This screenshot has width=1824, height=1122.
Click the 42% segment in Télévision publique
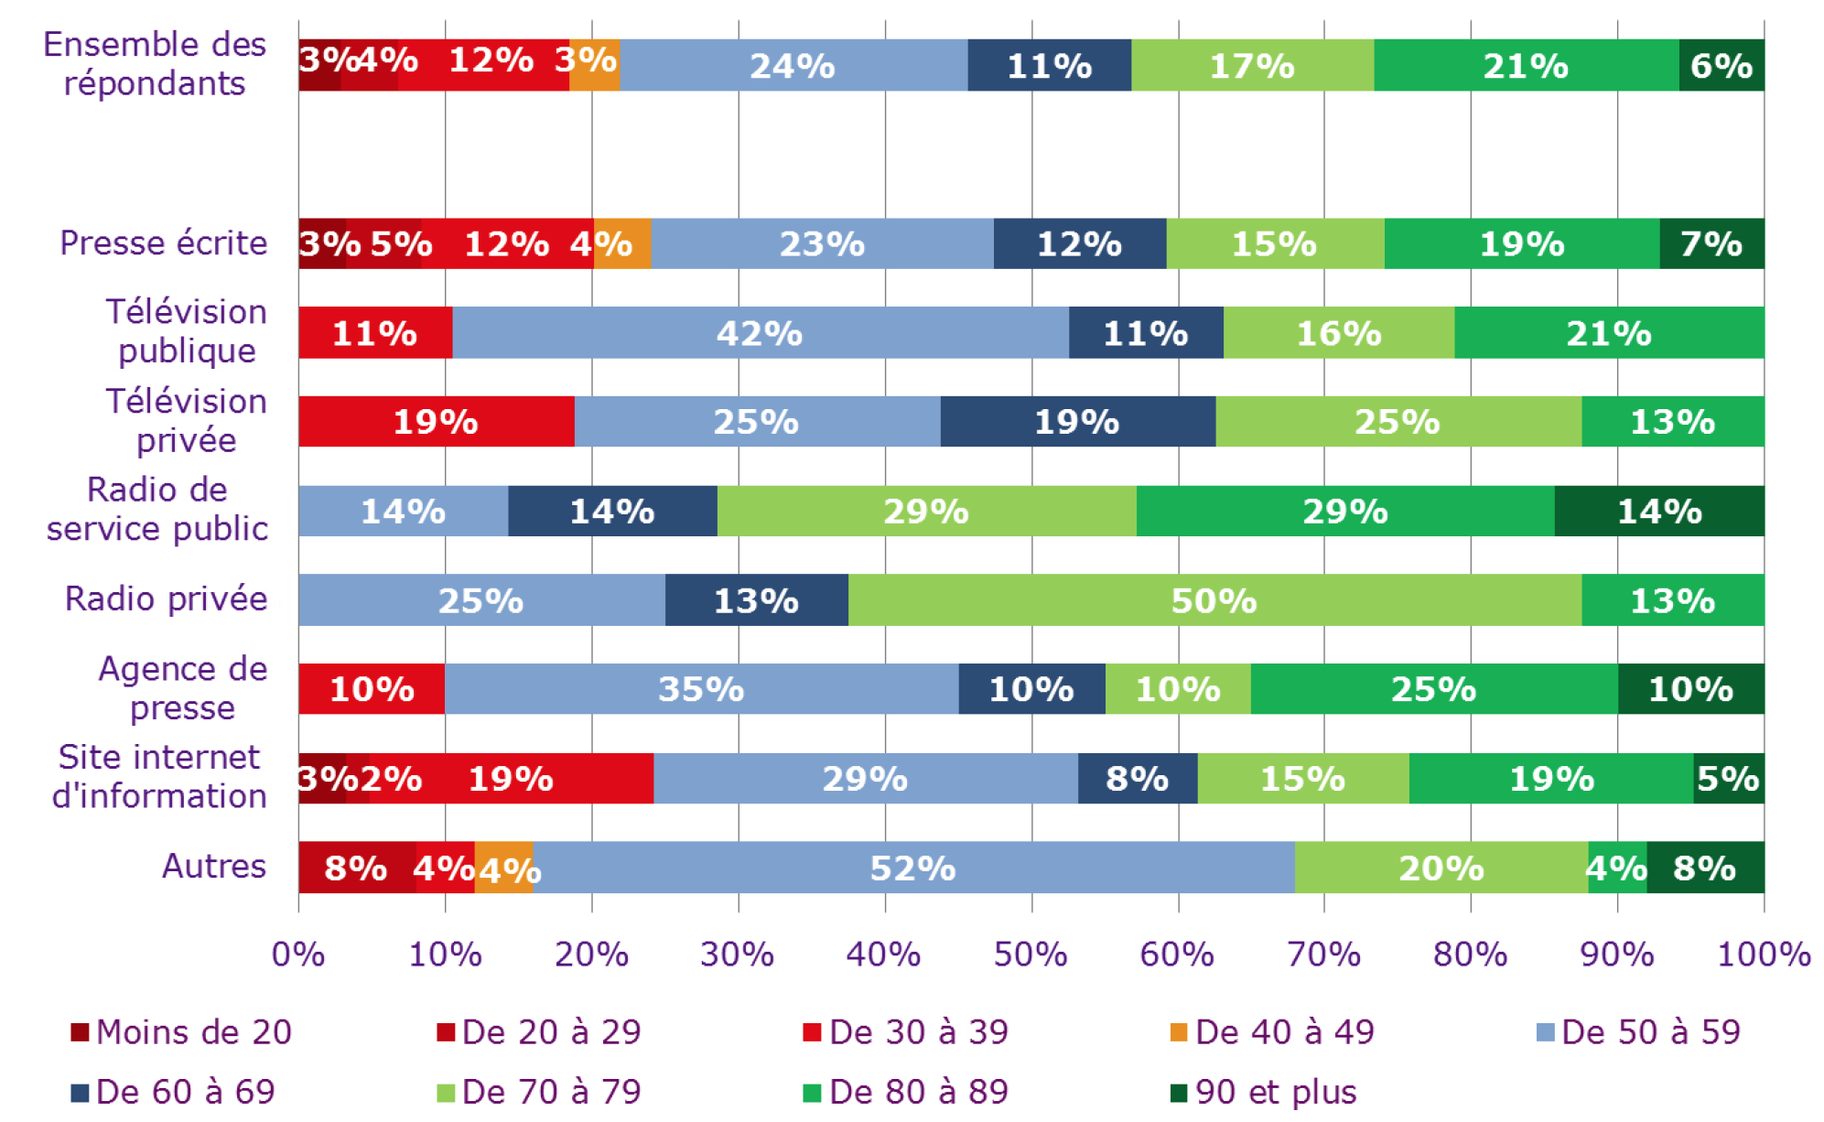click(760, 333)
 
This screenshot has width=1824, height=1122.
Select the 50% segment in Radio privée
click(1214, 600)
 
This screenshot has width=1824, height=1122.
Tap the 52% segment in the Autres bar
click(912, 868)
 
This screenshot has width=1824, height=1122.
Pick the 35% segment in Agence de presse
click(701, 689)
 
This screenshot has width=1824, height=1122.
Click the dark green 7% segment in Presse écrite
click(1711, 244)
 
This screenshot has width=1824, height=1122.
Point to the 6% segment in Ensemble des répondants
click(1721, 66)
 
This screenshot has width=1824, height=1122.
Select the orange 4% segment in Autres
click(504, 868)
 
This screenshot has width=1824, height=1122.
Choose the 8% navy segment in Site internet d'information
click(1137, 779)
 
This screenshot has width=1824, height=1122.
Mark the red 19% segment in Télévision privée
click(436, 422)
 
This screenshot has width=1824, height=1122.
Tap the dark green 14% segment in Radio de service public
click(1659, 512)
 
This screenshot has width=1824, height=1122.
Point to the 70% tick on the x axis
click(1323, 955)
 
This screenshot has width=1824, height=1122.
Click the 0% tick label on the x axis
click(298, 955)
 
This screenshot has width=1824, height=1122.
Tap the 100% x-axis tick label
click(1764, 955)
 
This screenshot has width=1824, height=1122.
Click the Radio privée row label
click(166, 599)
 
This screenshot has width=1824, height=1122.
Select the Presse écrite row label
click(163, 243)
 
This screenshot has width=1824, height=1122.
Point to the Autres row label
click(214, 866)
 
